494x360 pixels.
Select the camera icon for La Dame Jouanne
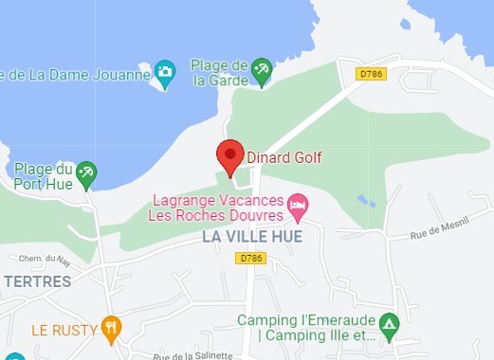tap(166, 71)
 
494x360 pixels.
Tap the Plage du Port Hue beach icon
tap(87, 171)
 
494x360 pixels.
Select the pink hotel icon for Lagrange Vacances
tap(298, 203)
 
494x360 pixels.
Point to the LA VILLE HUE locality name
tap(251, 237)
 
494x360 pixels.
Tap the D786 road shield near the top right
tap(372, 72)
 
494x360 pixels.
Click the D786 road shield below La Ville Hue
tap(250, 258)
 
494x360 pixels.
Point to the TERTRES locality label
tap(38, 281)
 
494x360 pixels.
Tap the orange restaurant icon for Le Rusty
tap(111, 329)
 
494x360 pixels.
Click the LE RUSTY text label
tap(64, 330)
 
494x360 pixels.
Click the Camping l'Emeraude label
tap(307, 328)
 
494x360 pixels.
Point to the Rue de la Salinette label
tap(193, 355)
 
